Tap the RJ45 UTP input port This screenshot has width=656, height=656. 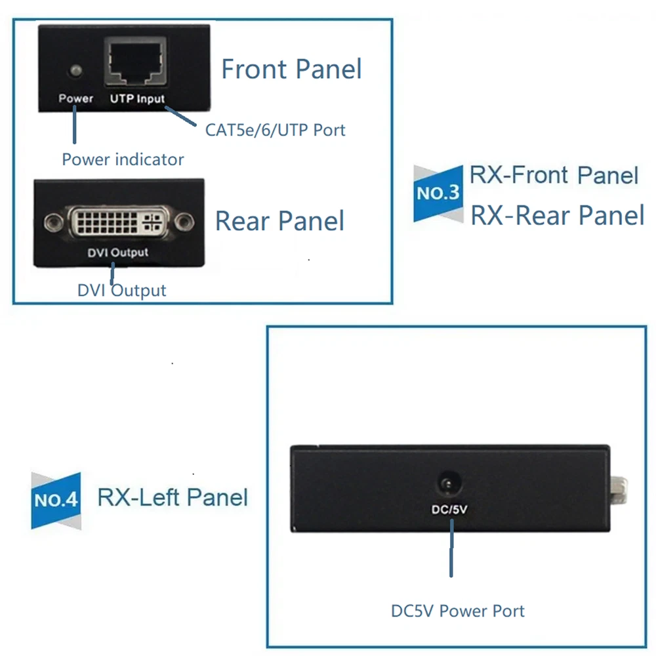pyautogui.click(x=136, y=63)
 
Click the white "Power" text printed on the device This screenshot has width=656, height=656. pyautogui.click(x=76, y=99)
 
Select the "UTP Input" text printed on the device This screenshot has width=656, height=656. pyautogui.click(x=137, y=99)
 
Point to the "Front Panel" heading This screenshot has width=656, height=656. pyautogui.click(x=291, y=69)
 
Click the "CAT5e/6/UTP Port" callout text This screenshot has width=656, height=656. pyautogui.click(x=275, y=130)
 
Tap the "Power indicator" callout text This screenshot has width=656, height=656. pyautogui.click(x=123, y=159)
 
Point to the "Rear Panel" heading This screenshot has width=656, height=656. pyautogui.click(x=280, y=221)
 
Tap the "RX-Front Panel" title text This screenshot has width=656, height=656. pyautogui.click(x=554, y=175)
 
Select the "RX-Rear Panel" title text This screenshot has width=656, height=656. pyautogui.click(x=558, y=215)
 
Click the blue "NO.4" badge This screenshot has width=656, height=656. pyautogui.click(x=56, y=501)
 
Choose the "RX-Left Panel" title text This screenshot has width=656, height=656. pyautogui.click(x=173, y=497)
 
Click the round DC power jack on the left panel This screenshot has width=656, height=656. pyautogui.click(x=449, y=485)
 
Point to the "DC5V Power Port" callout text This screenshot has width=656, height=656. pyautogui.click(x=457, y=611)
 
